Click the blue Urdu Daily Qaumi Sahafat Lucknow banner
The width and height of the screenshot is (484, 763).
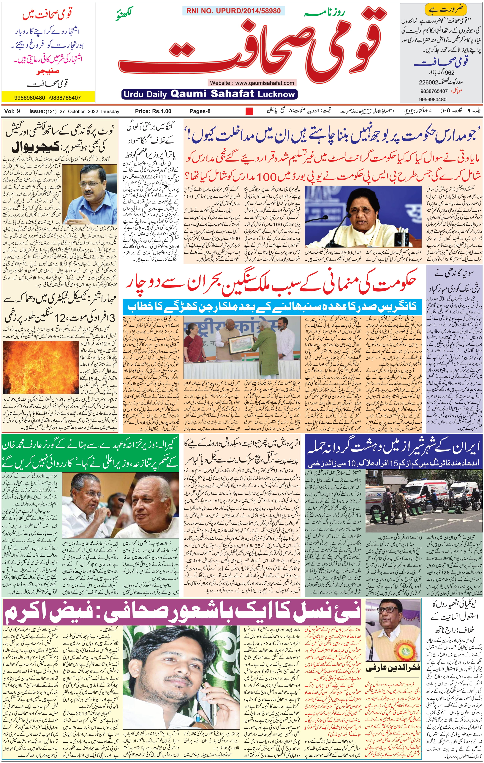209,94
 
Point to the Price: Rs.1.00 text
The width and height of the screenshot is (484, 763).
153,111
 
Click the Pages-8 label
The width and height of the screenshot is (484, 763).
200,111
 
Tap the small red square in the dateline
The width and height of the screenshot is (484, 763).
249,111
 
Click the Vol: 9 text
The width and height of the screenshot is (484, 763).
12,111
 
